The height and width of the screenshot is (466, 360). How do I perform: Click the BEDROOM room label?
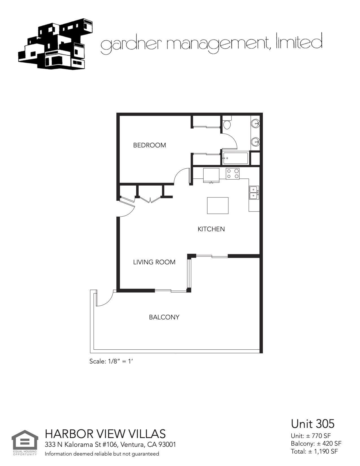(149, 145)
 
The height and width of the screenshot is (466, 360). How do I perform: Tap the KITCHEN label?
(211, 229)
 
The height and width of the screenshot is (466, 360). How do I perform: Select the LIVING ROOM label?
(154, 262)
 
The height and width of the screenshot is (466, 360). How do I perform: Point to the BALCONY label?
(164, 317)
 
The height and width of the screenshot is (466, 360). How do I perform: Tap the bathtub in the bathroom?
(235, 158)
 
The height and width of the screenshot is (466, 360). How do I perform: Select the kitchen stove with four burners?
(233, 173)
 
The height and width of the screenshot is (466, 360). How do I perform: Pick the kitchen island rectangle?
(218, 206)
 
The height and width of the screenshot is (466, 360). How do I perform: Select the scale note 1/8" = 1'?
(111, 361)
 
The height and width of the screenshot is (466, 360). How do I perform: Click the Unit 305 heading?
(313, 424)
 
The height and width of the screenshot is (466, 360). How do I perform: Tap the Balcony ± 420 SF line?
(316, 443)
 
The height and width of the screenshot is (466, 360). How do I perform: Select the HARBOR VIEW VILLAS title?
(105, 434)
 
